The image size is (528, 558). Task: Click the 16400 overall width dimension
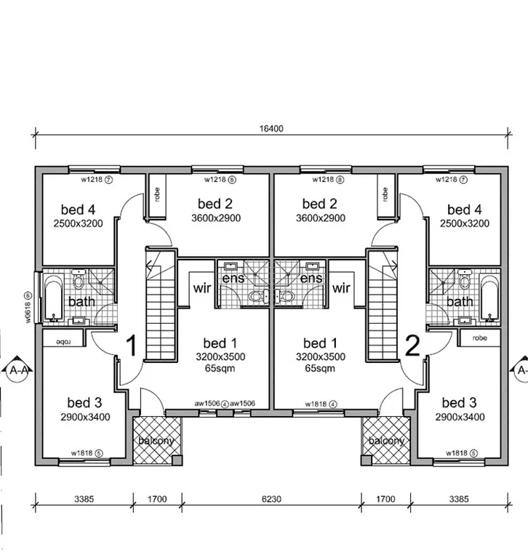click(271, 128)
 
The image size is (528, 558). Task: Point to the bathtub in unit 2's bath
click(489, 296)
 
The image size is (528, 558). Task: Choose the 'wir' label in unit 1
click(202, 288)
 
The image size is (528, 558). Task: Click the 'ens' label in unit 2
click(311, 279)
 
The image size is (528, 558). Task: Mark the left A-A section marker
click(20, 370)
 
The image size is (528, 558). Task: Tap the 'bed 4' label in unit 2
click(464, 209)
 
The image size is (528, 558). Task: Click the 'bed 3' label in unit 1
click(84, 402)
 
